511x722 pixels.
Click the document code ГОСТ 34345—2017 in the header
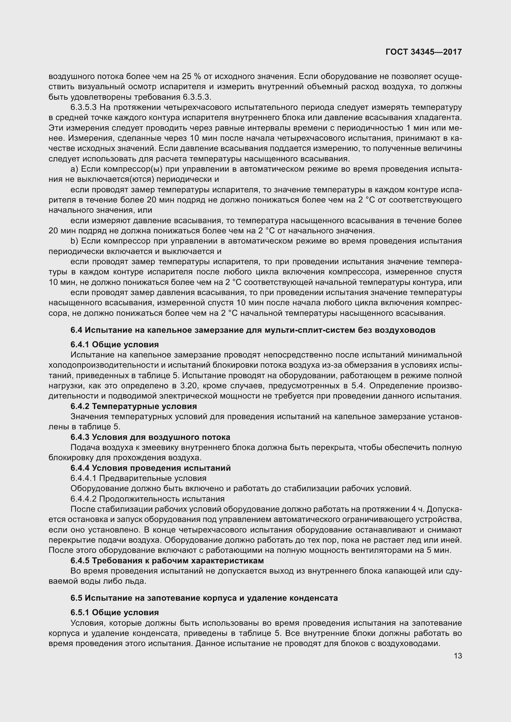pos(423,52)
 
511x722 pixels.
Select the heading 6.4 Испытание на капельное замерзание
pos(253,330)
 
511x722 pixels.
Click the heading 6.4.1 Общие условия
pos(115,345)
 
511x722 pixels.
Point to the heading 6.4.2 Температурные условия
pos(134,406)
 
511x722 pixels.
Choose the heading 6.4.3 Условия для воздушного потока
pos(150,437)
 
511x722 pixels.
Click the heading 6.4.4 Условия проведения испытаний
pos(150,468)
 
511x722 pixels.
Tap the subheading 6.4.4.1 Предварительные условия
pos(138,478)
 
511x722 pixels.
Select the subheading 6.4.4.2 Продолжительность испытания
pos(147,499)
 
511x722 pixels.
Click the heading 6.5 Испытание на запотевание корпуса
pos(204,598)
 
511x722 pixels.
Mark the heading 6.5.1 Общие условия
pos(115,612)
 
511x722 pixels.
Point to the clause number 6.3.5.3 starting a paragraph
pos(83,107)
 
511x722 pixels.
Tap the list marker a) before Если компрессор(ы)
pos(74,169)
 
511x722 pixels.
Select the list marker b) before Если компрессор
pos(74,241)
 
